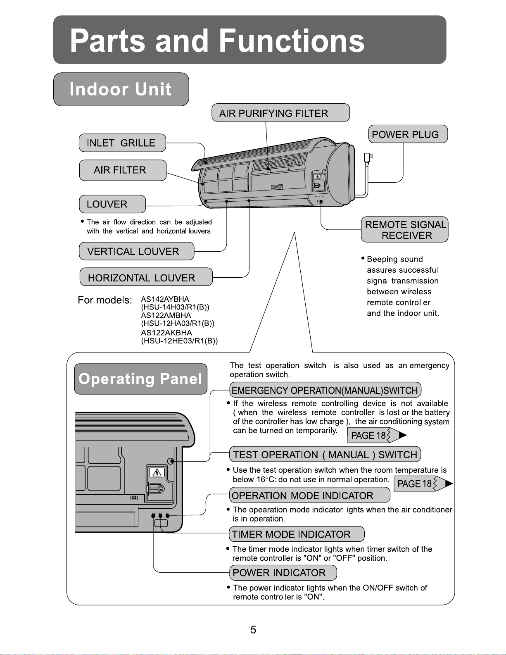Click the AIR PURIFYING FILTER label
280,113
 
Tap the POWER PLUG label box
408,134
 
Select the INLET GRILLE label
122,143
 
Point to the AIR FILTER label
122,170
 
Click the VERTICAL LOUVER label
136,251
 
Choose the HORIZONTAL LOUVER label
145,277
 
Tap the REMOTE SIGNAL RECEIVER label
405,230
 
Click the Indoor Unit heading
121,89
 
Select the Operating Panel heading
140,379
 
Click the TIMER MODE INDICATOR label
296,534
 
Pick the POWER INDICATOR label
283,573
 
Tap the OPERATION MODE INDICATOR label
309,495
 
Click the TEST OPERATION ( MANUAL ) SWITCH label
325,455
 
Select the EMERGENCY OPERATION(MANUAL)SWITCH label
325,390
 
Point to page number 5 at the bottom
253,630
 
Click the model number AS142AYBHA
165,299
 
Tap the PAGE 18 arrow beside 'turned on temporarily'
377,436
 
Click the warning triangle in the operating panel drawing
157,472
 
